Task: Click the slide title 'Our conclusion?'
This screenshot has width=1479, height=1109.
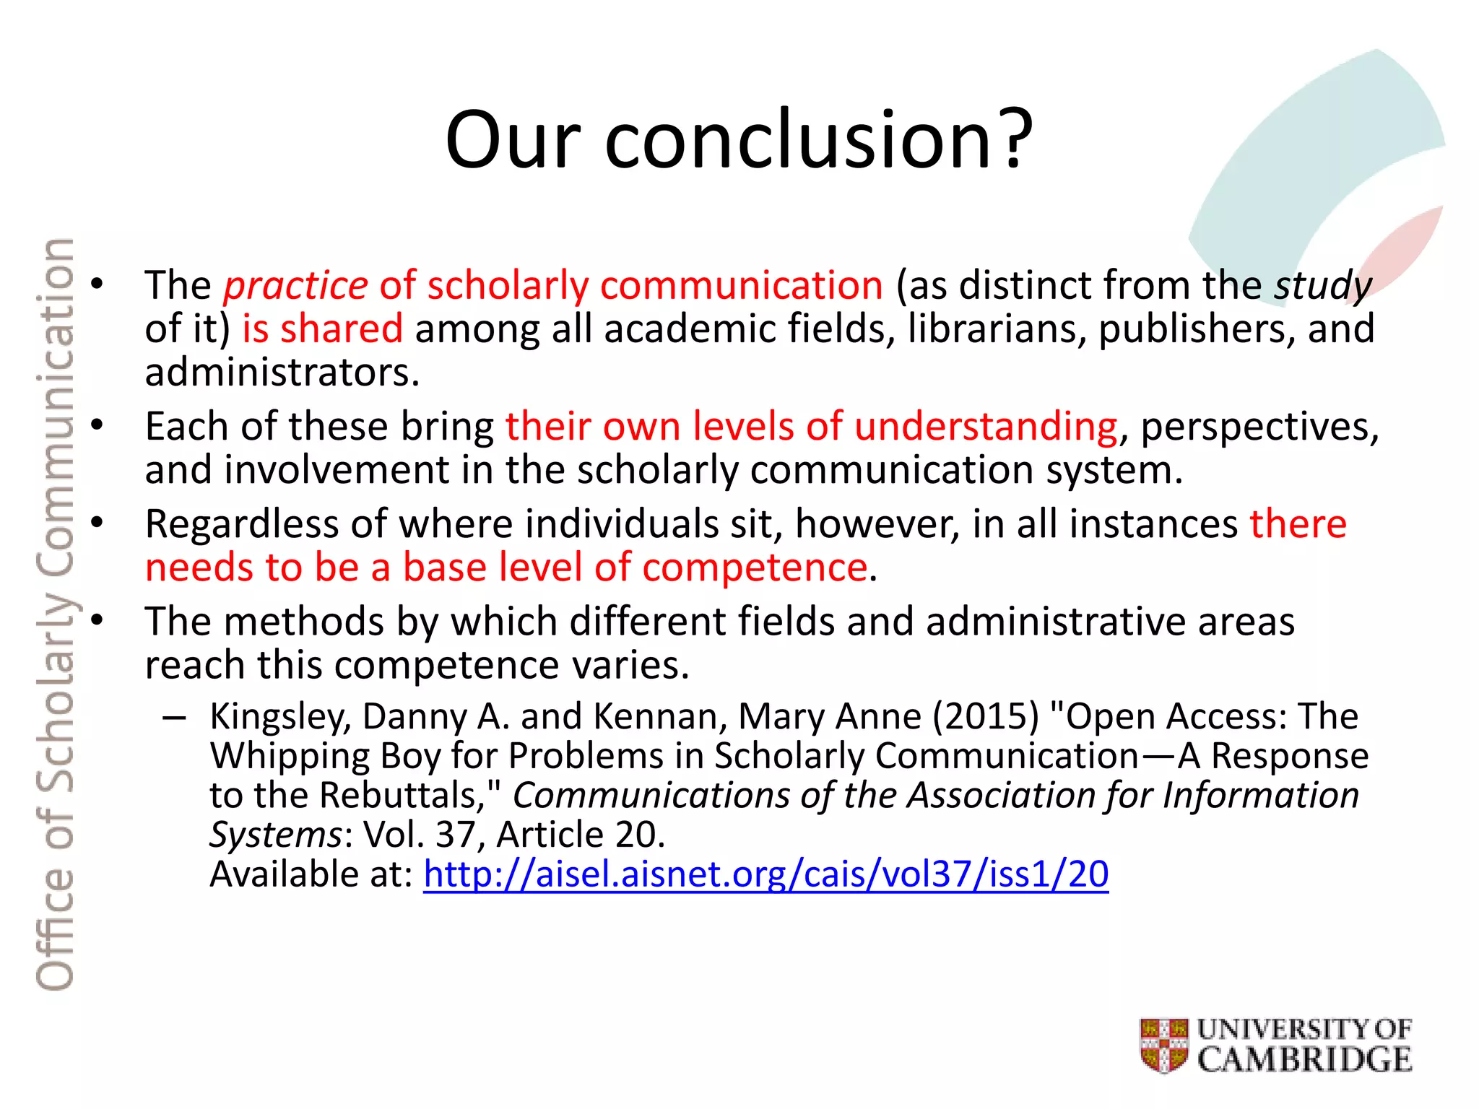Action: point(739,139)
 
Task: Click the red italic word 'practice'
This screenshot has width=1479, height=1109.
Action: point(295,286)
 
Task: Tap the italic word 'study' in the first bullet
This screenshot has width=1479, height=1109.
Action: point(1322,286)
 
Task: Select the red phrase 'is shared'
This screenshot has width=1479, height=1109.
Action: point(322,329)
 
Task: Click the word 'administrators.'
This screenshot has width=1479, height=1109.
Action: point(282,373)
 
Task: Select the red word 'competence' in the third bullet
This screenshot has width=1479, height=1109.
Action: point(755,567)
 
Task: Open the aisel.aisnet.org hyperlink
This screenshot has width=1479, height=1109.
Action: point(765,874)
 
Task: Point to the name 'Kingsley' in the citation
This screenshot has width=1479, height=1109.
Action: point(280,717)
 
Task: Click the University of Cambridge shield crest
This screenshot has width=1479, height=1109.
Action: point(1163,1045)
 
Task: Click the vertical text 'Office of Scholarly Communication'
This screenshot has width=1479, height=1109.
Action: point(55,614)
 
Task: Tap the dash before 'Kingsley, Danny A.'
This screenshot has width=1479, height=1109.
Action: point(174,717)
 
